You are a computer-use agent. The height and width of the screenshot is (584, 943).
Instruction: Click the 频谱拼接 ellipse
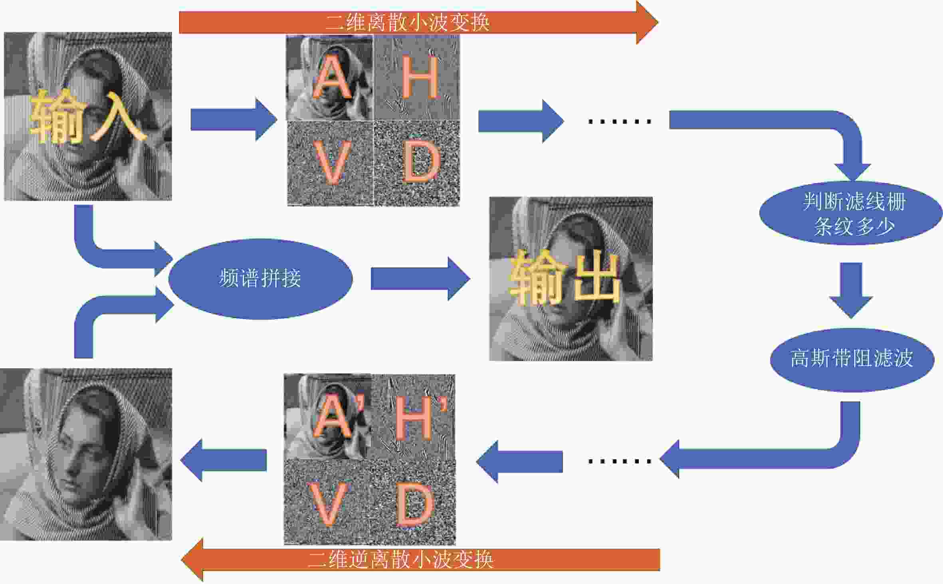(261, 279)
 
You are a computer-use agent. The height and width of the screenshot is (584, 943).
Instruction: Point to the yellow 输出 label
(565, 277)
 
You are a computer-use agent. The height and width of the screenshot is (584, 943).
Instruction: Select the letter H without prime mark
(420, 77)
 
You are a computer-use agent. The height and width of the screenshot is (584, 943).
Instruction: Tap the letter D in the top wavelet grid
(422, 162)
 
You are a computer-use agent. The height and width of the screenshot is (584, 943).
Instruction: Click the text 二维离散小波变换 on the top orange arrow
(408, 22)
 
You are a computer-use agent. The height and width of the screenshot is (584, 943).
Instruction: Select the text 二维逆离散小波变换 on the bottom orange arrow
(401, 559)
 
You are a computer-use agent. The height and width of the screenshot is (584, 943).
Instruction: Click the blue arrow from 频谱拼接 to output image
(420, 279)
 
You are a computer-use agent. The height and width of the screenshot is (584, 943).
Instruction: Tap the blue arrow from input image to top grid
(234, 119)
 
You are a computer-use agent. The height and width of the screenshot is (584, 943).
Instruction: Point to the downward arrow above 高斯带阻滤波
(851, 290)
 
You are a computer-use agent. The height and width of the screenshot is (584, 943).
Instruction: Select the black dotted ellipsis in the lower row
(620, 461)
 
